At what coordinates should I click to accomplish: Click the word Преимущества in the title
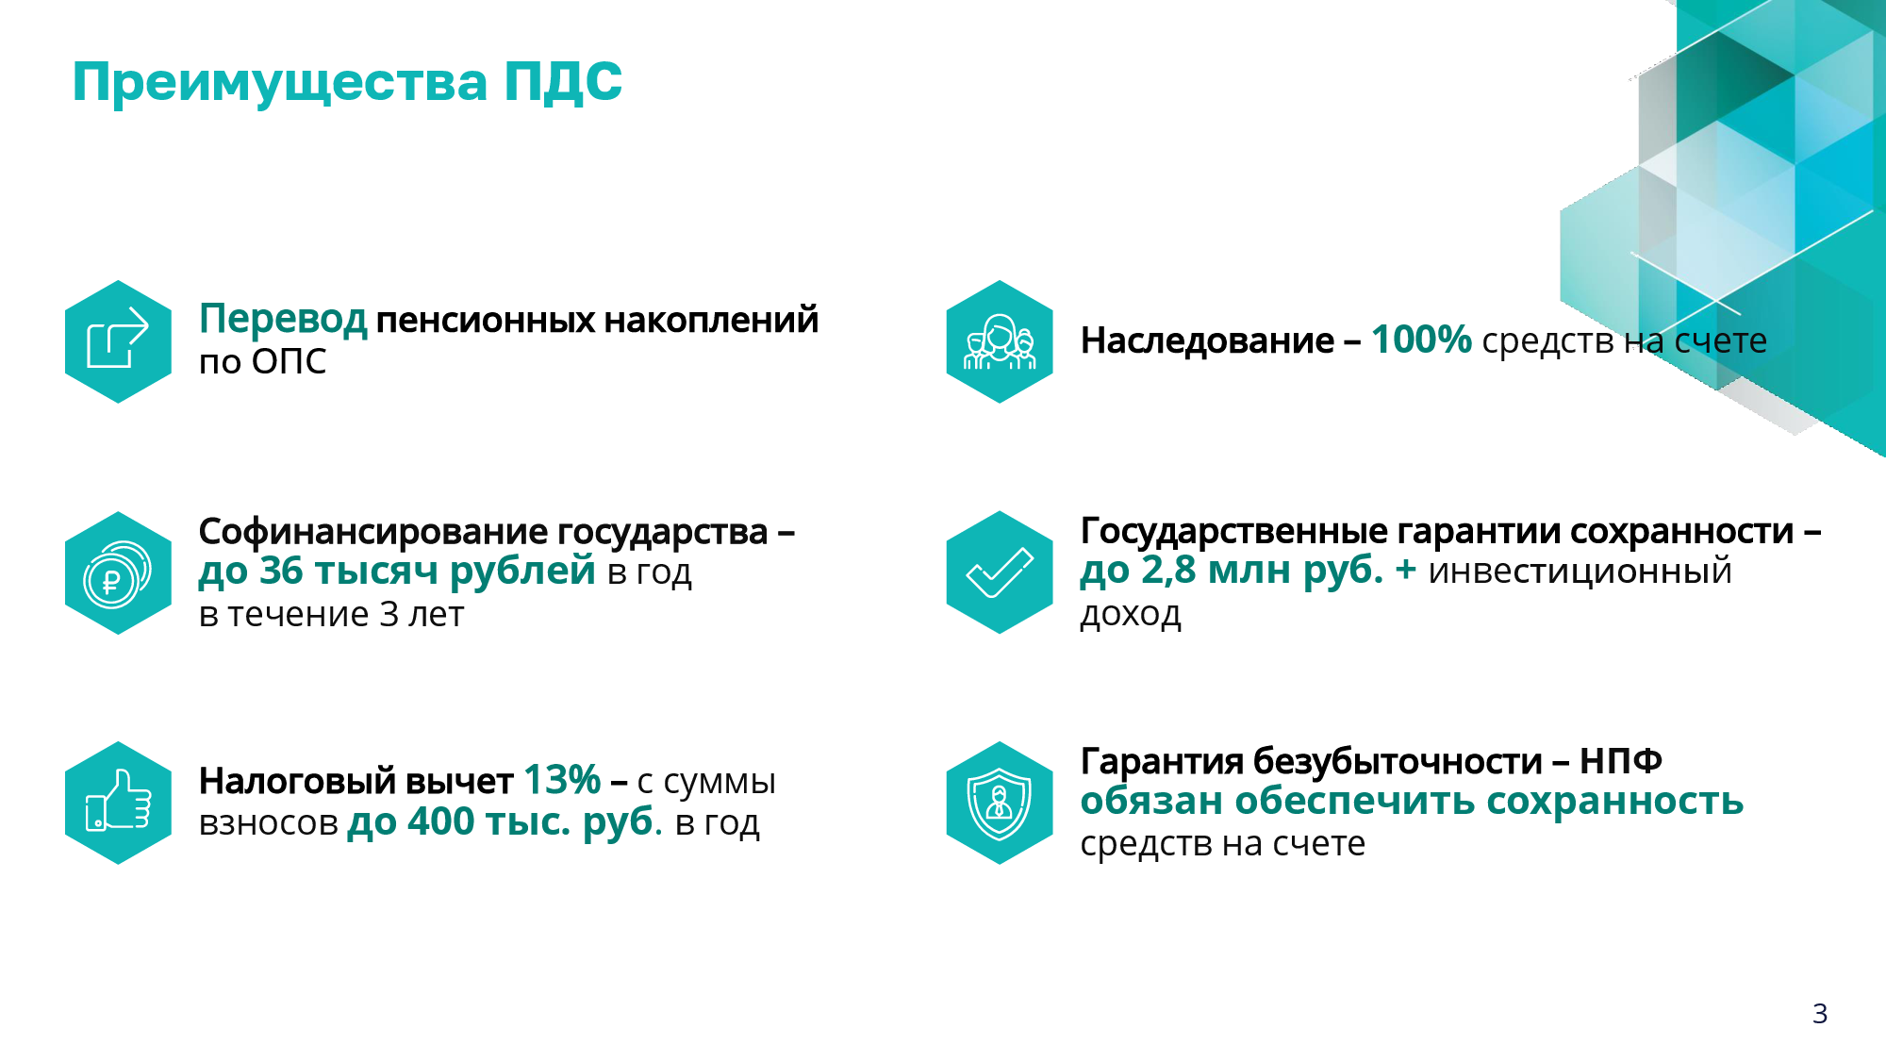pos(280,83)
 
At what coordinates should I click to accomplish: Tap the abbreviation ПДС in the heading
pos(563,81)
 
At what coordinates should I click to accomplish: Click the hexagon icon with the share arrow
pos(118,341)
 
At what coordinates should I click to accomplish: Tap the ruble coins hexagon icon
pos(118,572)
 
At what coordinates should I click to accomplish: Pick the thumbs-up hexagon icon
pos(118,803)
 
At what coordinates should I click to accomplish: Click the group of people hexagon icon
pos(1000,341)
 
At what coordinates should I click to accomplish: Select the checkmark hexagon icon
pos(1000,572)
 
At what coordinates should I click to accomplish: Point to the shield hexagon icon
pos(1000,803)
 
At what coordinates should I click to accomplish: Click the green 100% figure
pos(1421,340)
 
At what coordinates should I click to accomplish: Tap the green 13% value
pos(562,780)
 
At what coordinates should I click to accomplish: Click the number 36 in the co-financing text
pos(281,571)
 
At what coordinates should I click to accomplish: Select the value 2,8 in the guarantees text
pos(1168,570)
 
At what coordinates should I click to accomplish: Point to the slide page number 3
pos(1820,1014)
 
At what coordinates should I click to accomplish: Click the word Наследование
pos(1207,340)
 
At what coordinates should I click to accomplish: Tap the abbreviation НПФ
pos(1621,760)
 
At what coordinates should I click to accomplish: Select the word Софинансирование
pos(372,533)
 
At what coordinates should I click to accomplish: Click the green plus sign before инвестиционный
pos(1406,571)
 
